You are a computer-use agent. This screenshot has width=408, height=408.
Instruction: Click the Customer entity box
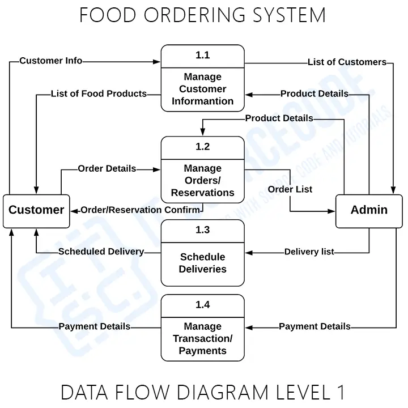(36, 210)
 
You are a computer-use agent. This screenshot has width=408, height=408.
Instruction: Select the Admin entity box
(369, 210)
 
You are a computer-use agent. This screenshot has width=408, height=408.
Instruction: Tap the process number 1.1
(202, 55)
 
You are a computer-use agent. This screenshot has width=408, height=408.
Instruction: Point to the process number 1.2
(202, 147)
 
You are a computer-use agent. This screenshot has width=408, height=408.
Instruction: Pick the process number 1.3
(202, 229)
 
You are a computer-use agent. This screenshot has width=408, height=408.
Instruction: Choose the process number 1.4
(202, 305)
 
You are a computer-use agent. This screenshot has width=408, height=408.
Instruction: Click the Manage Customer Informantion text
(202, 89)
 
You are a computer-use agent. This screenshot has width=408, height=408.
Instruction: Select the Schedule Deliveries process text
(202, 263)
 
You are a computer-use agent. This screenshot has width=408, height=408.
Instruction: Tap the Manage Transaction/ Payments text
(202, 338)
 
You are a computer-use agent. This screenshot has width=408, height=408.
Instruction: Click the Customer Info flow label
(50, 61)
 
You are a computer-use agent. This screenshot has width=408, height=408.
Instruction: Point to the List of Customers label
(347, 62)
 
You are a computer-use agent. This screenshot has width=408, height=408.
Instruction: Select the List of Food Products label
(99, 93)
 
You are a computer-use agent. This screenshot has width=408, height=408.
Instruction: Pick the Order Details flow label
(107, 168)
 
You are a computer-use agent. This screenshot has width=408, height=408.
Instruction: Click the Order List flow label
(290, 189)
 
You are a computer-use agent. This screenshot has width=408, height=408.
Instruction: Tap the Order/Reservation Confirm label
(140, 210)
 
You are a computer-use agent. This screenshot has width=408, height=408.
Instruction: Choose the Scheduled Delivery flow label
(101, 251)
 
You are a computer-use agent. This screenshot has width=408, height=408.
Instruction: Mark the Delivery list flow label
(309, 252)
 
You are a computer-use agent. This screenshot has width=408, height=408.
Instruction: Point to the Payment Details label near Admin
(314, 326)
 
